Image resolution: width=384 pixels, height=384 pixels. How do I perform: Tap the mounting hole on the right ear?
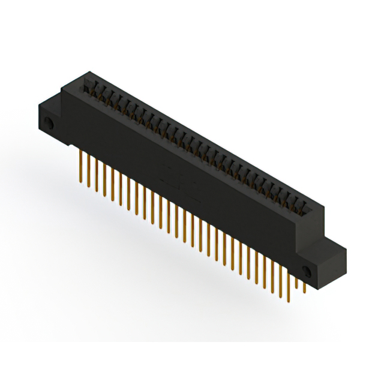click(x=307, y=269)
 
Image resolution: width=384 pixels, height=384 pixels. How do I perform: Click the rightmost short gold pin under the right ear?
click(x=304, y=287)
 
